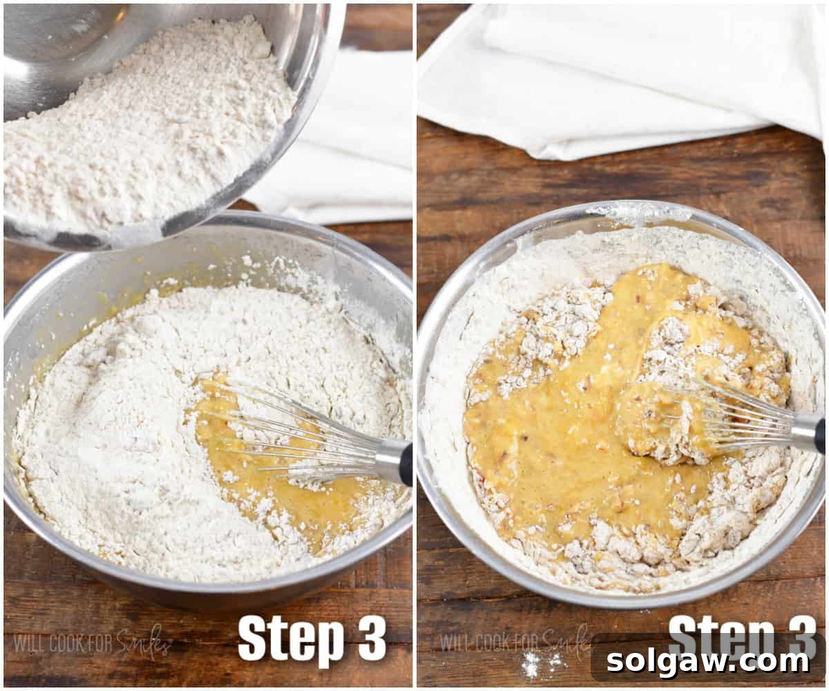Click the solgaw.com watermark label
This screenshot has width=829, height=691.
pyautogui.click(x=708, y=661)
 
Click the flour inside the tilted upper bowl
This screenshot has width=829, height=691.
pyautogui.click(x=138, y=124)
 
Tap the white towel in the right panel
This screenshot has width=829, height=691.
pyautogui.click(x=622, y=76)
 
